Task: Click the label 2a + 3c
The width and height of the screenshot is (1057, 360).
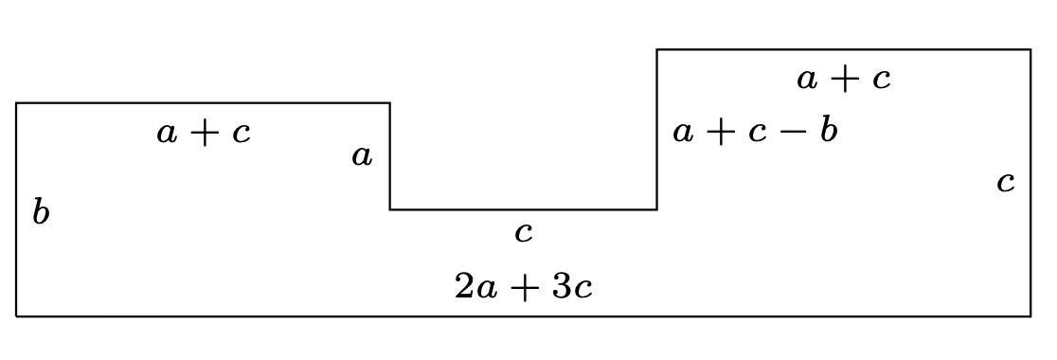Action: tap(524, 286)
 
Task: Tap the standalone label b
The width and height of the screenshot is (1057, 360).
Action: tap(40, 212)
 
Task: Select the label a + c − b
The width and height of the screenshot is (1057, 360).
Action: tap(755, 131)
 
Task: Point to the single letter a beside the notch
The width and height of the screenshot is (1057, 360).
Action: tap(362, 156)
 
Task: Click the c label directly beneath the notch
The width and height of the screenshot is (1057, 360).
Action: tap(523, 232)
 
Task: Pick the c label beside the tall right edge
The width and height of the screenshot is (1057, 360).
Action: tap(1006, 181)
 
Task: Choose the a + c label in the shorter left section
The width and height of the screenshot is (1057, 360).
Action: tap(204, 133)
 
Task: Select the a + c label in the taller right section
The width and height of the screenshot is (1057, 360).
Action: tap(844, 79)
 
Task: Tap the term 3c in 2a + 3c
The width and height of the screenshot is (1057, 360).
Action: tap(572, 286)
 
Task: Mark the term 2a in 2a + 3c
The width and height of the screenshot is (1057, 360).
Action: tap(476, 286)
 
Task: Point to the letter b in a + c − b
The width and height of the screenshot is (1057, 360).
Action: tap(829, 130)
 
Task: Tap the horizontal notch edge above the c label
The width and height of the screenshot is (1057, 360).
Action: tap(523, 209)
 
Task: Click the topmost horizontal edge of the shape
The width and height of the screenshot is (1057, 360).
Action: tap(843, 49)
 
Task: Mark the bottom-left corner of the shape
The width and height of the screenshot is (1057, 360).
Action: tap(17, 315)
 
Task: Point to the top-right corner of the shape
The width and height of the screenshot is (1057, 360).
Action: tap(1030, 49)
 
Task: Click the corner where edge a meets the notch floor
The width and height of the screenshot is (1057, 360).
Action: tap(390, 209)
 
